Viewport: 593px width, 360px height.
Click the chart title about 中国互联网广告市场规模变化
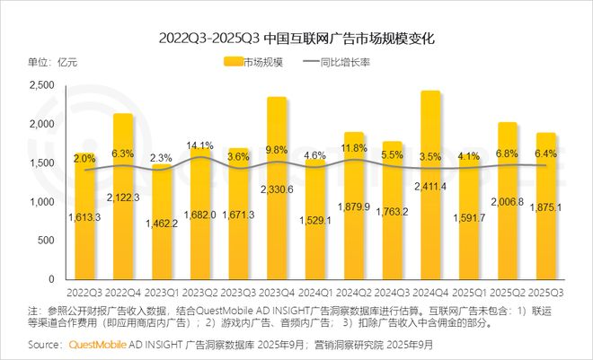click(296, 40)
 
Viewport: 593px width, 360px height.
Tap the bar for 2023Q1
click(161, 224)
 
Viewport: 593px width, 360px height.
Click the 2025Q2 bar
click(507, 206)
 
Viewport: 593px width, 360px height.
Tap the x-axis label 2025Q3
click(545, 292)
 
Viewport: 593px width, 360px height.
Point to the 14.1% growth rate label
click(199, 146)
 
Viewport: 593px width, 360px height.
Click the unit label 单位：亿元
click(53, 62)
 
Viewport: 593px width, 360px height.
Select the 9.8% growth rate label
click(277, 150)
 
